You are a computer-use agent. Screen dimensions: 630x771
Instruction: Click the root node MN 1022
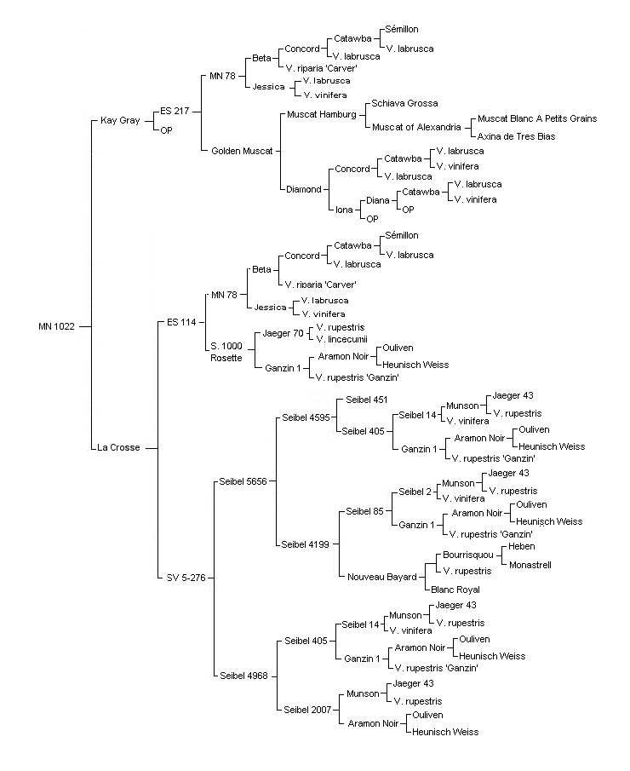point(56,326)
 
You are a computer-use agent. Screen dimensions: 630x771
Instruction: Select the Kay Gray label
point(120,120)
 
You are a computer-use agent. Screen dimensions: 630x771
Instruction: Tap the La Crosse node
point(118,447)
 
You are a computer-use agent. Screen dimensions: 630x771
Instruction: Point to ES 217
point(175,111)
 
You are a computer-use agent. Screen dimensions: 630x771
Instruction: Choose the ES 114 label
point(181,322)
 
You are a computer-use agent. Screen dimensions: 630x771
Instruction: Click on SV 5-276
point(186,578)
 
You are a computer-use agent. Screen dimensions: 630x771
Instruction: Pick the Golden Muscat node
point(242,151)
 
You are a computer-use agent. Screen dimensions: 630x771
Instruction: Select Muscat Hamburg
point(322,114)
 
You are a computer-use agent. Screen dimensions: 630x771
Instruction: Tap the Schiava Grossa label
point(404,103)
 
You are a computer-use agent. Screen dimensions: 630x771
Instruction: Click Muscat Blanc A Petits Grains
point(537,118)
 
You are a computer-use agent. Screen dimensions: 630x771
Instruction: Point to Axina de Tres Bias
point(516,136)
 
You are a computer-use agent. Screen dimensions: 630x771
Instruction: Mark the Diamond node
point(304,189)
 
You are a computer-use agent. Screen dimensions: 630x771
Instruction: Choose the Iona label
point(344,210)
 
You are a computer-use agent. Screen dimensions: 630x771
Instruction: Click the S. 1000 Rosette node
point(226,352)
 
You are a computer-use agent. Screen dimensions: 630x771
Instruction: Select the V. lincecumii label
point(341,339)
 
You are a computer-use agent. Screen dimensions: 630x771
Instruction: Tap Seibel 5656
point(243,481)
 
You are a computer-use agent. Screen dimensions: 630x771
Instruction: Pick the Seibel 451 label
point(367,400)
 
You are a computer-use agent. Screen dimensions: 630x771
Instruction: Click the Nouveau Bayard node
point(382,577)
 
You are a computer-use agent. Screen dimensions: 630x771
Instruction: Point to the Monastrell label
point(530,565)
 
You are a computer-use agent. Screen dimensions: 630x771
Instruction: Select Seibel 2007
point(307,710)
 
